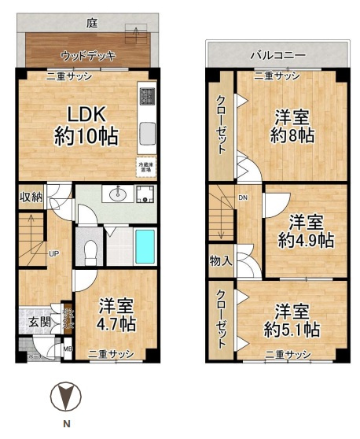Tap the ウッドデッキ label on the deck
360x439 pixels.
(x=88, y=55)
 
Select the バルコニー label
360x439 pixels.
(x=277, y=55)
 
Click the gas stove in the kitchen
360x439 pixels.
(x=146, y=97)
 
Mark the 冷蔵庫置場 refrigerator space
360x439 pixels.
(x=145, y=167)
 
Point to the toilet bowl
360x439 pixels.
(x=90, y=251)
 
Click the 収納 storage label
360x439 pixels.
(x=31, y=197)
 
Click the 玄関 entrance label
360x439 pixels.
(x=39, y=322)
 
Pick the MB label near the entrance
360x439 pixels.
(x=68, y=349)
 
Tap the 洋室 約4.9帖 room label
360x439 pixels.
(x=305, y=231)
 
